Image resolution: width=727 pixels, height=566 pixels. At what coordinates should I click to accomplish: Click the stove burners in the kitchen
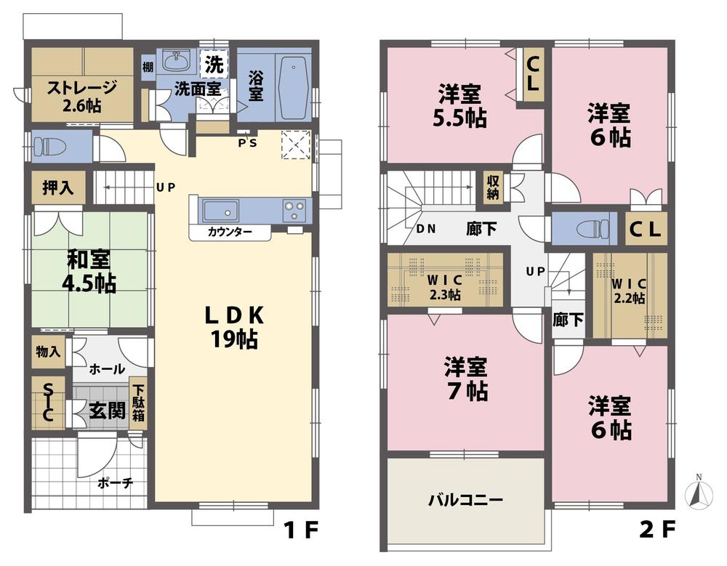[x=295, y=210]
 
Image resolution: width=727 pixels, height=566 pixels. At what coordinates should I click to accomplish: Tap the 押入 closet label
[x=58, y=187]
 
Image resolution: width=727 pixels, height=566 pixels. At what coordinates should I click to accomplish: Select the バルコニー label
[x=465, y=501]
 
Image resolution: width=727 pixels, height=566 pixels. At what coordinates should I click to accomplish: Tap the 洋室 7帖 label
[x=466, y=379]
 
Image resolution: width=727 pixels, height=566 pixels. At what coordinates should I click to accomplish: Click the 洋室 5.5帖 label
[x=461, y=106]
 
